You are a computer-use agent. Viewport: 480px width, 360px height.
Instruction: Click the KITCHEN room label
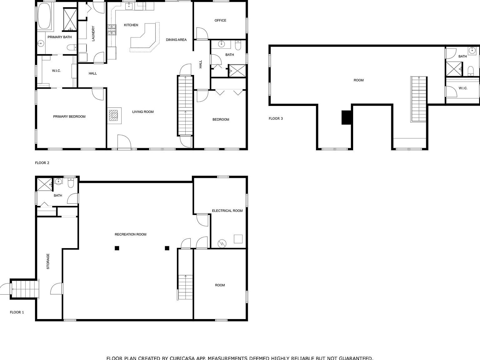(x=131, y=25)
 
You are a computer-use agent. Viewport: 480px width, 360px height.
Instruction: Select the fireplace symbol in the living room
(x=114, y=115)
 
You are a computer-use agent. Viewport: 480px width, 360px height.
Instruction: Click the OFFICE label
(x=220, y=20)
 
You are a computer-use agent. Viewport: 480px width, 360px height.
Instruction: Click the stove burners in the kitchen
(x=112, y=30)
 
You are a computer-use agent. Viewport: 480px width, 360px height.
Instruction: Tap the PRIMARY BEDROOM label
(x=69, y=117)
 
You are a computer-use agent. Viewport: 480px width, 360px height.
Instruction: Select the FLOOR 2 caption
(x=42, y=163)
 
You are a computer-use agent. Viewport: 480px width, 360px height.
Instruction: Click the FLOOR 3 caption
(x=276, y=118)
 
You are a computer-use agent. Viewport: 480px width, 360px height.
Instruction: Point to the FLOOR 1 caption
(x=17, y=312)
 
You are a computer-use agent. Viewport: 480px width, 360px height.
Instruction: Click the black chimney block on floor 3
(x=346, y=117)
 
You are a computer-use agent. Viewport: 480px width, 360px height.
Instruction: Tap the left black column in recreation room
(x=117, y=248)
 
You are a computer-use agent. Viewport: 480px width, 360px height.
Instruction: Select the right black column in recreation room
(x=167, y=248)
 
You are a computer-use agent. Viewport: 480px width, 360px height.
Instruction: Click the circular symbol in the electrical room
(x=222, y=243)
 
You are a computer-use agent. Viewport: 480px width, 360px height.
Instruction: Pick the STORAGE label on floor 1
(x=48, y=261)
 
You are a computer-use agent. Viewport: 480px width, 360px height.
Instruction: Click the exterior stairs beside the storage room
(x=25, y=289)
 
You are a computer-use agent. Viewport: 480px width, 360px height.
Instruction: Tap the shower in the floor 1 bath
(x=45, y=184)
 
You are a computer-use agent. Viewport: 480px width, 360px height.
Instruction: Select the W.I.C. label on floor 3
(x=463, y=88)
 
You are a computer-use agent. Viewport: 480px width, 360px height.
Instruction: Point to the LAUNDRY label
(x=93, y=33)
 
